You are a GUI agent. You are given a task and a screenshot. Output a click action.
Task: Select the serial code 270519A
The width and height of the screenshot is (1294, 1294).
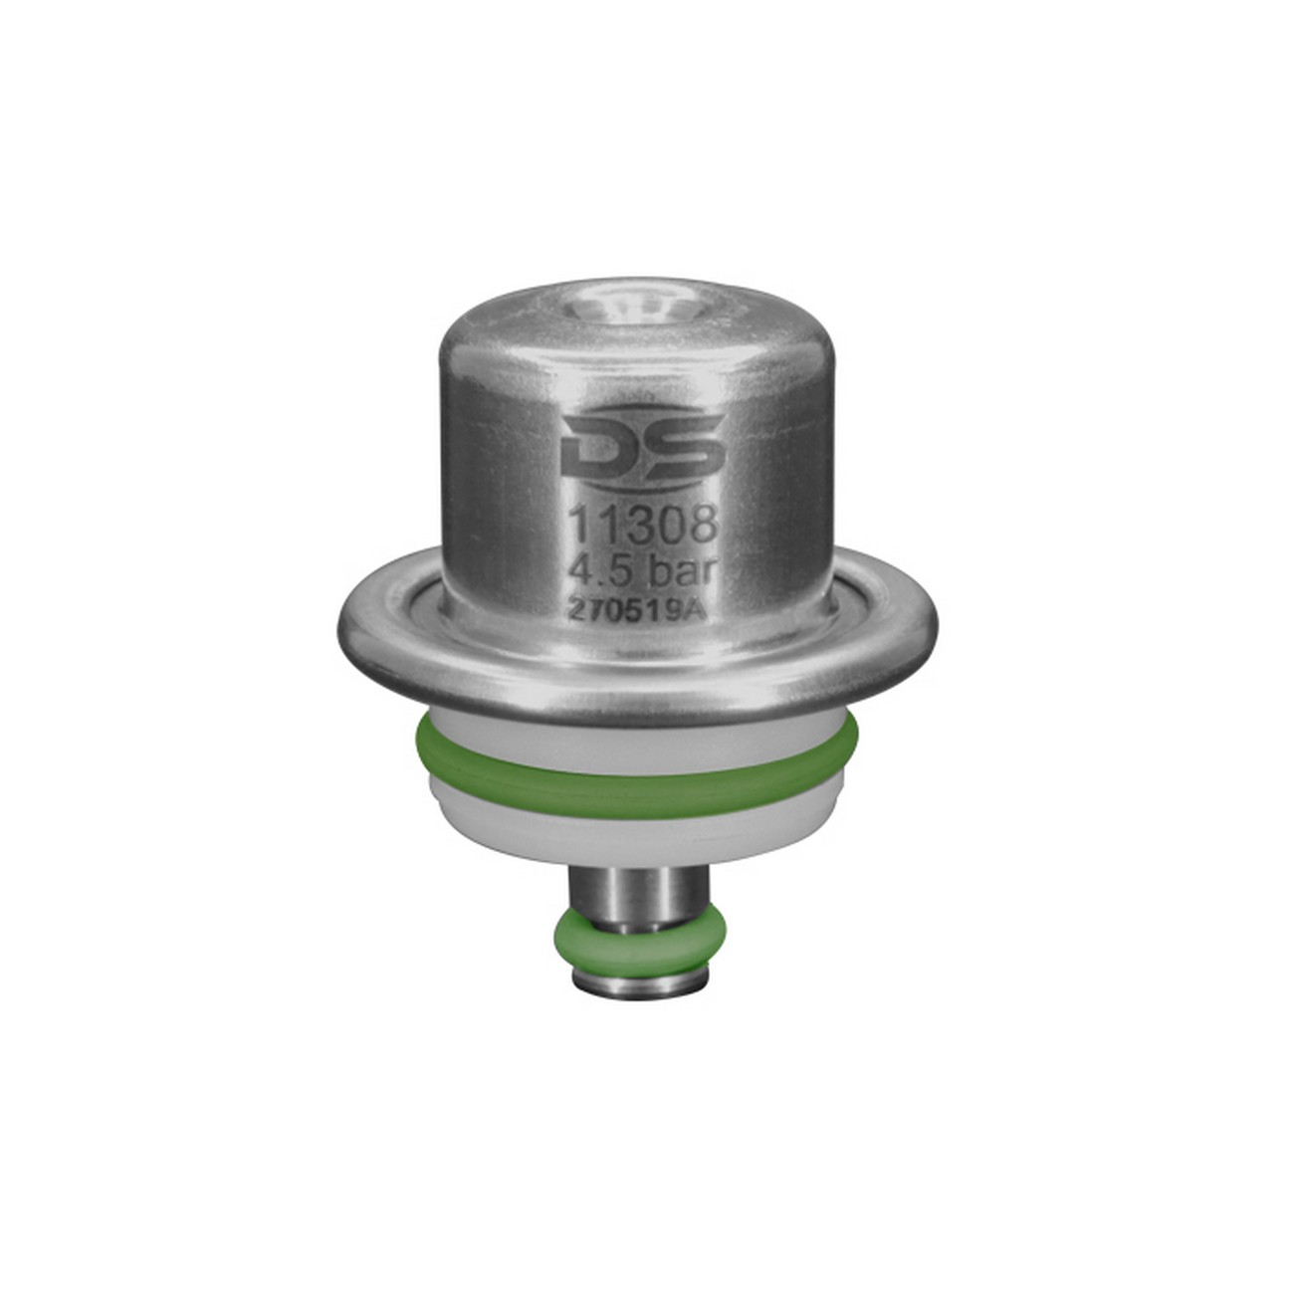coord(637,610)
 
